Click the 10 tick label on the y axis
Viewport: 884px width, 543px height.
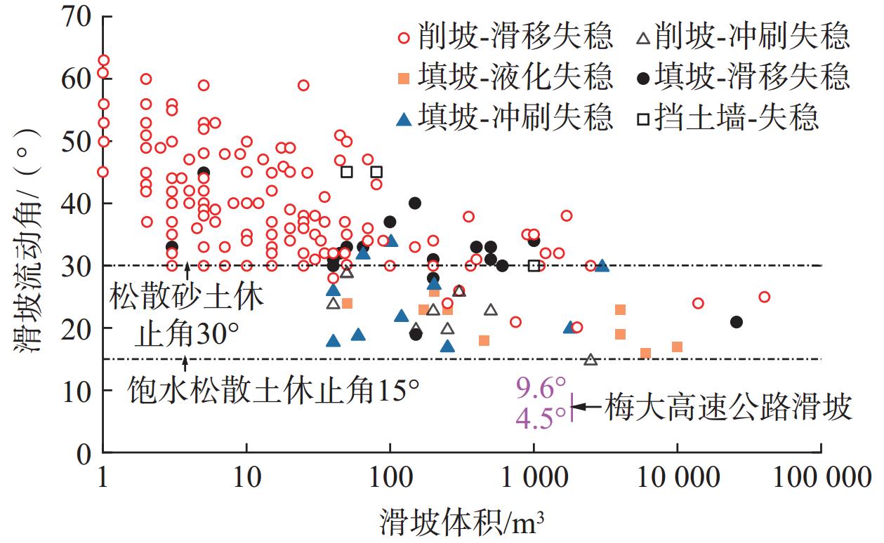(77, 391)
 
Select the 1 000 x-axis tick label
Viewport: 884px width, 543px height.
(534, 485)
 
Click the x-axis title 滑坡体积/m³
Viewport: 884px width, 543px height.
(463, 523)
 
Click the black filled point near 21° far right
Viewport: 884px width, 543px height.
(736, 322)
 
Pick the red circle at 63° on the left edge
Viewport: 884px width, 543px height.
(103, 60)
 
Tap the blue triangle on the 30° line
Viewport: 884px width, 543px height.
(602, 266)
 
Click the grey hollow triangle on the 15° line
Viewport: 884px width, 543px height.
(591, 360)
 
